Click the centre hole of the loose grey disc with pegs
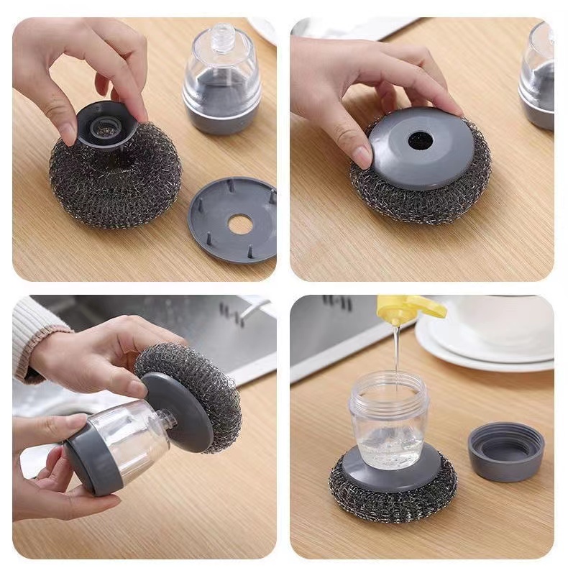[x=240, y=225]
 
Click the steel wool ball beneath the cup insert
[x=115, y=180]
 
